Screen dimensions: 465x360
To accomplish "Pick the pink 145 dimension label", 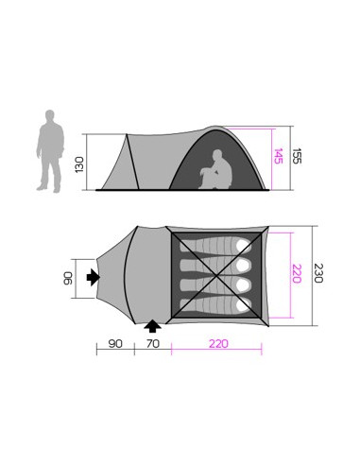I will [277, 154].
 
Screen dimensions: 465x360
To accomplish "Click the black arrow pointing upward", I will [152, 327].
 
